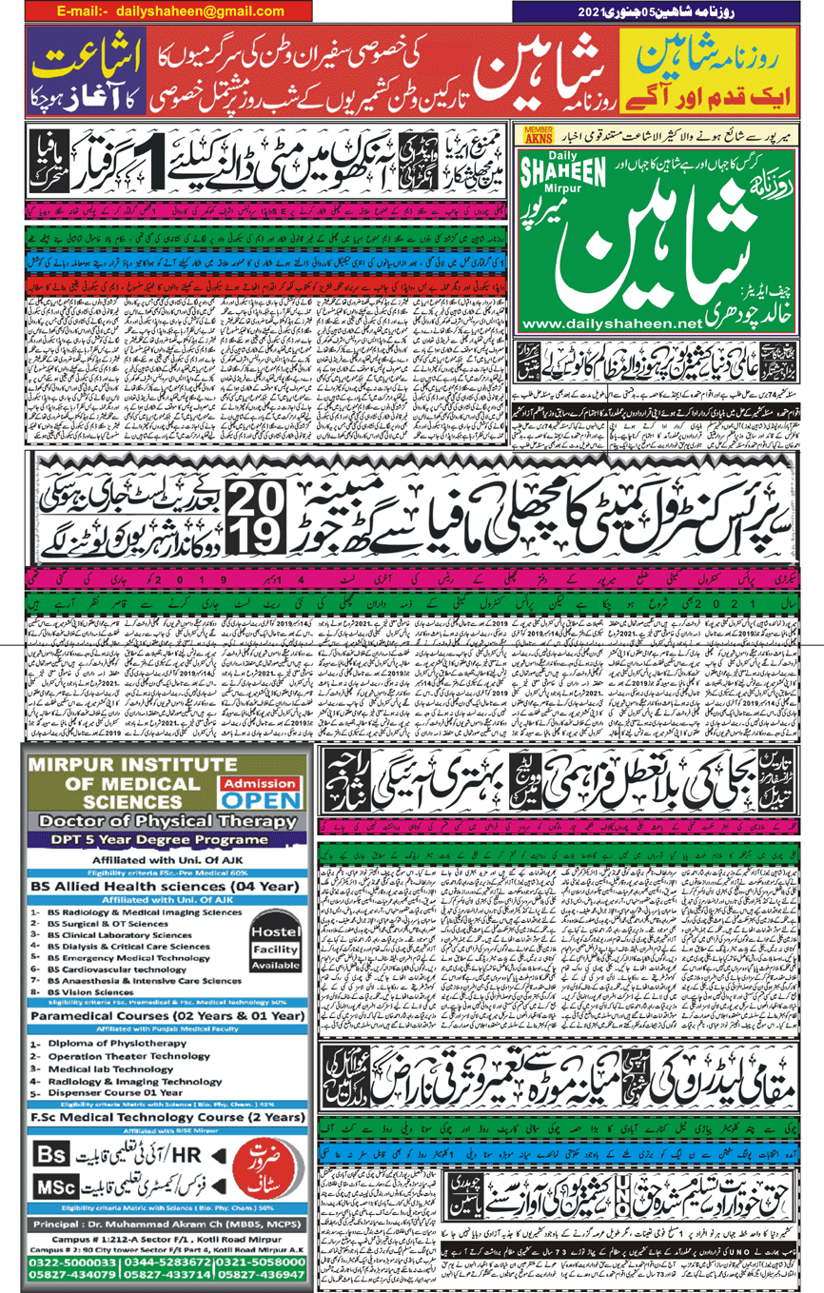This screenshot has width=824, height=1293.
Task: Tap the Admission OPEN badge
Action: tap(259, 790)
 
